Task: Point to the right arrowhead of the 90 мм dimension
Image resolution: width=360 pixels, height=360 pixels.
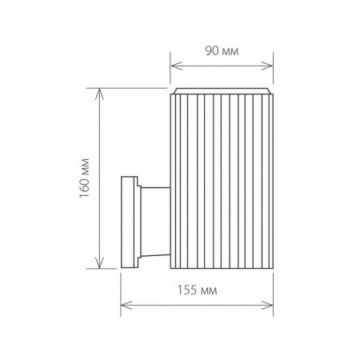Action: [270, 66]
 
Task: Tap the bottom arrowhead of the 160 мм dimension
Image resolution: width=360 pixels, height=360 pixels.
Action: [99, 266]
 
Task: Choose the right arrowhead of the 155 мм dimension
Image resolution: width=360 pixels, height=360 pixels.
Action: [270, 304]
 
